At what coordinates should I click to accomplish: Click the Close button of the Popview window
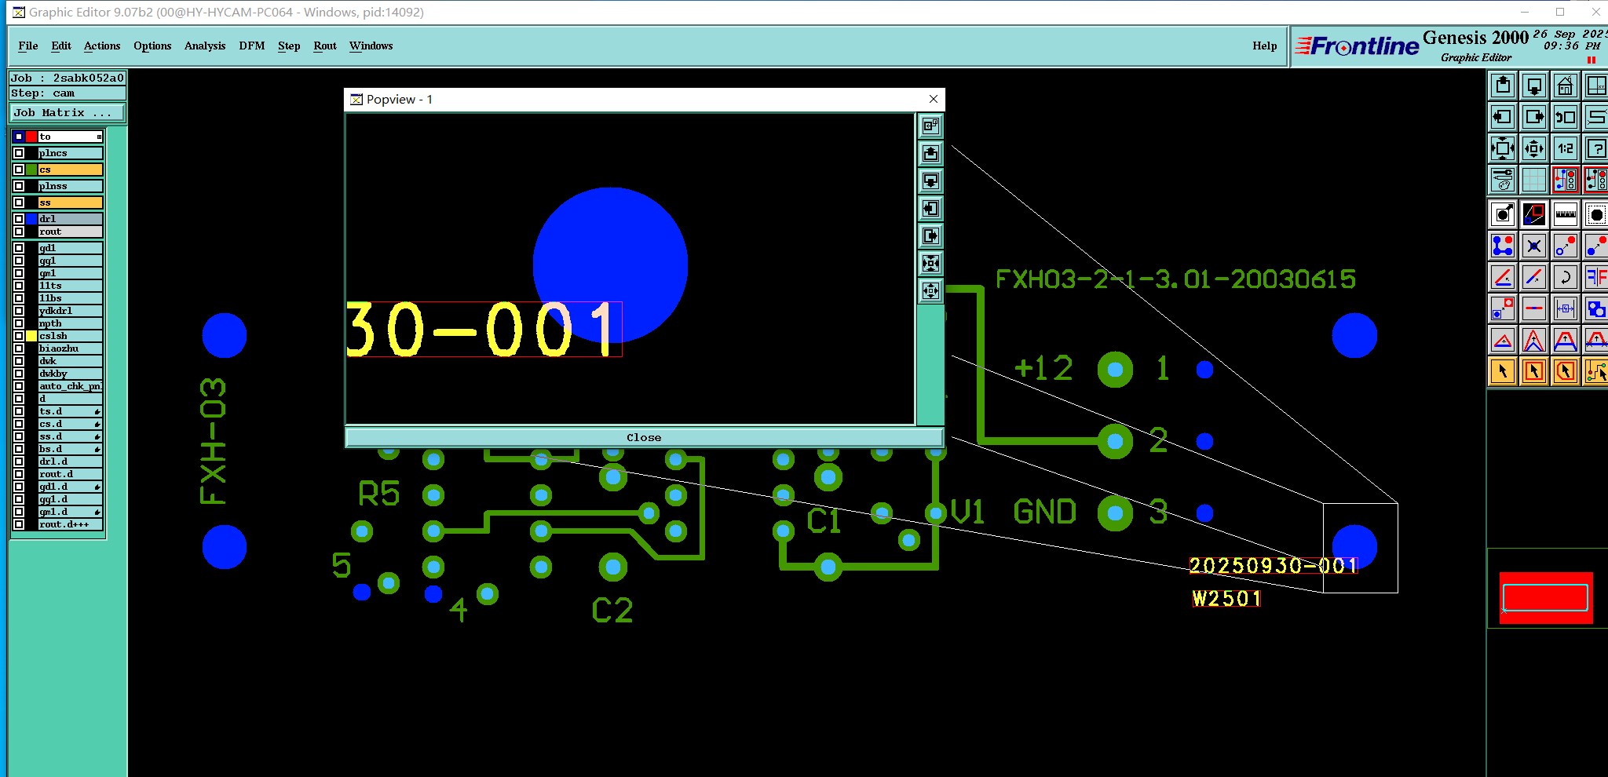[644, 437]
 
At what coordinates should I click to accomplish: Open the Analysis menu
[205, 46]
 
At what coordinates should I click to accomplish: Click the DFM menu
[252, 46]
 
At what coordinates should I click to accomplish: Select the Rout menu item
[325, 46]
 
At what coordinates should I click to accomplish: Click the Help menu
[1264, 46]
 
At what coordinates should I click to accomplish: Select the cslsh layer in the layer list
[70, 336]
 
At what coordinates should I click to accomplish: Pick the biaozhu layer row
[70, 348]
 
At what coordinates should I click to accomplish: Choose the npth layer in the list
[70, 323]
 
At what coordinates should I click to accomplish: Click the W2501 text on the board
[1226, 599]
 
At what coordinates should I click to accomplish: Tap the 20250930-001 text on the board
[1272, 566]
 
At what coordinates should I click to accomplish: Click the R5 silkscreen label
[379, 494]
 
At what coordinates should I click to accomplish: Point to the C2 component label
[612, 611]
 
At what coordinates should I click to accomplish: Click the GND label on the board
[1044, 513]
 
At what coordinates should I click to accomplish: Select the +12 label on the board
[1043, 368]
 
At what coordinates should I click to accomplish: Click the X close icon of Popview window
[934, 99]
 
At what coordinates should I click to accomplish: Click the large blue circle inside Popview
[610, 251]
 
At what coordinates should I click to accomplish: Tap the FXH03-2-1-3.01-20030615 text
[1175, 279]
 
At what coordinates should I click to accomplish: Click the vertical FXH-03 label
[214, 441]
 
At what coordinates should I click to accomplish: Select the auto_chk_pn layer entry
[70, 386]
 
